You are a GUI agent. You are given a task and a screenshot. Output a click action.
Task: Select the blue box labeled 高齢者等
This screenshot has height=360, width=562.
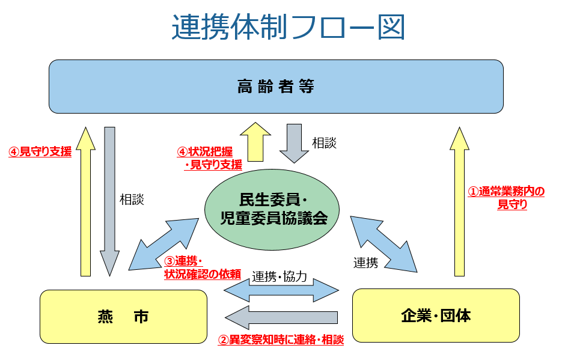(x=276, y=87)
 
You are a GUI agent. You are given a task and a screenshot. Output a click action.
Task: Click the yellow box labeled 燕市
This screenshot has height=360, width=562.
(x=123, y=316)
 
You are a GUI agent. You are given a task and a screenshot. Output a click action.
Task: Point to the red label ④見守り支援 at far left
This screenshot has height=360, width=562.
(x=40, y=152)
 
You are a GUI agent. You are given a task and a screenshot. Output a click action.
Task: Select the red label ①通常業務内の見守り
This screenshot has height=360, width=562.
(x=506, y=198)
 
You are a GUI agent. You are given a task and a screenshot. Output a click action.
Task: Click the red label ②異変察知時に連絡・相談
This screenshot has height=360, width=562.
(x=280, y=340)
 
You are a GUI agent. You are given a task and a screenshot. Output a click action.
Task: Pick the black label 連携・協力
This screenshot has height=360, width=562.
(x=279, y=277)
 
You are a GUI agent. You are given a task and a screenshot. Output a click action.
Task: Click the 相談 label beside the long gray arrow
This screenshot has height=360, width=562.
(x=132, y=200)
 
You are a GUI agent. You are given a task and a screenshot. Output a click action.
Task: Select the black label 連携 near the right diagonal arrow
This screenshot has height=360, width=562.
(x=365, y=263)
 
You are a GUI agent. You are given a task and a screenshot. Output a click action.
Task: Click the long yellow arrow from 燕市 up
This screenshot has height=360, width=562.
(x=86, y=201)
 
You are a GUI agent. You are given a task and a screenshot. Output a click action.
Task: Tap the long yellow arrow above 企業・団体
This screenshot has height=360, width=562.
(x=460, y=201)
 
